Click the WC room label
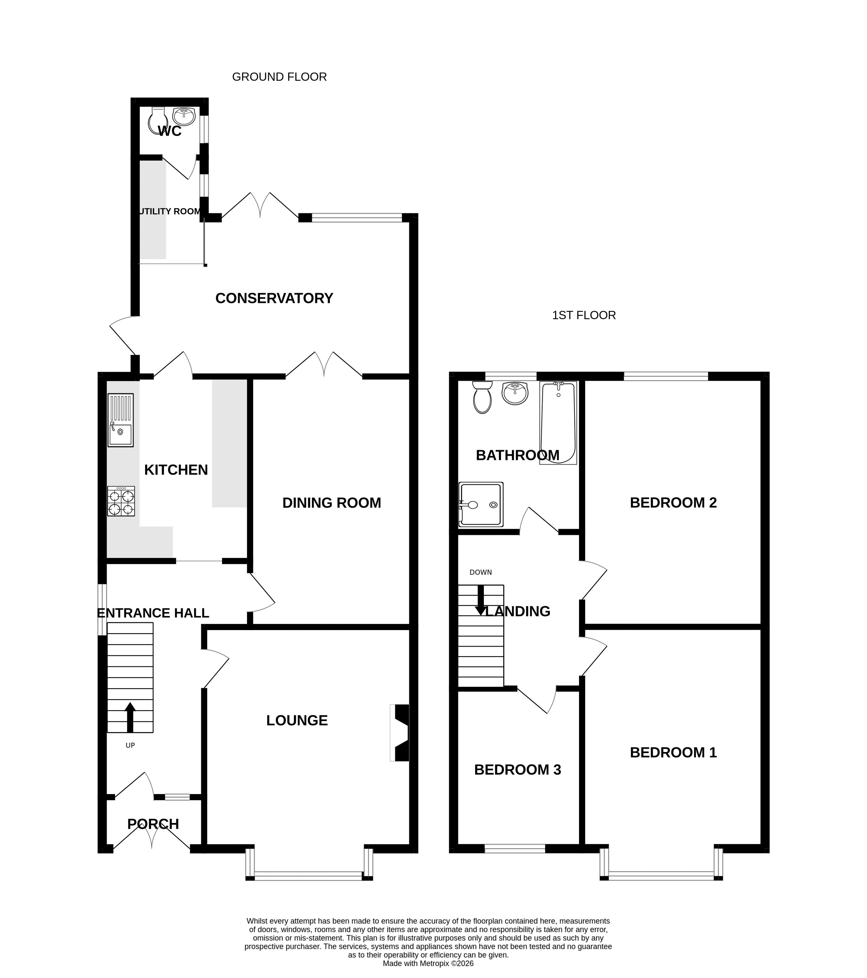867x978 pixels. pos(170,131)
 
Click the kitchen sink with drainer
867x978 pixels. pos(121,420)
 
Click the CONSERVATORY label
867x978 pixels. pos(274,298)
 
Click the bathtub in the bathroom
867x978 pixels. pos(558,422)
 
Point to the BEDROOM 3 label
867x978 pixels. pos(518,769)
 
